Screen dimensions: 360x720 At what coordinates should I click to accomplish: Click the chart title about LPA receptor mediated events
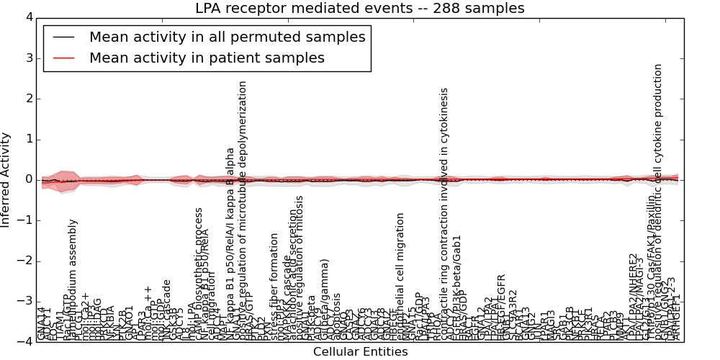point(359,9)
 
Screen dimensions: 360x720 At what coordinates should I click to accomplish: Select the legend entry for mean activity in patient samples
point(207,58)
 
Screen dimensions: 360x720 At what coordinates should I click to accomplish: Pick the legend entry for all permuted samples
point(227,37)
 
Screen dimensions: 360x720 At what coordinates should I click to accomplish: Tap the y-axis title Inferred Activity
point(6,179)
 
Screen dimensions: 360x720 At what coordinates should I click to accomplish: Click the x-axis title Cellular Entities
point(360,352)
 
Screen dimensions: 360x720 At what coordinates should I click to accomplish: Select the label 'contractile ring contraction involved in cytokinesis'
point(444,214)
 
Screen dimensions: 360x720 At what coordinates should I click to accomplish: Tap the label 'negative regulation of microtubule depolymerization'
point(243,209)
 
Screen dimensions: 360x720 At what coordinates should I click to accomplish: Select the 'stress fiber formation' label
point(274,285)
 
